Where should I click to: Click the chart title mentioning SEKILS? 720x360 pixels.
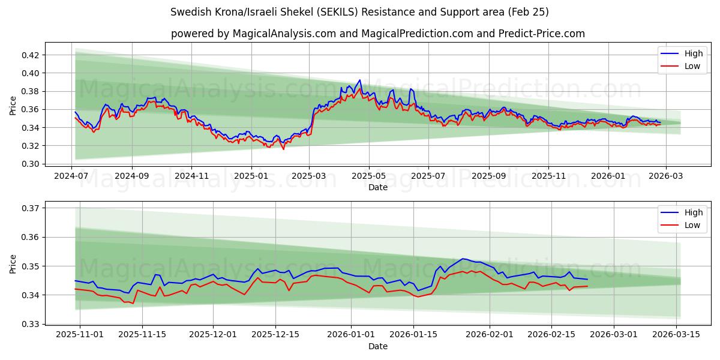pos(359,12)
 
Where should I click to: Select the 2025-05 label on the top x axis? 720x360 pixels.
pos(368,176)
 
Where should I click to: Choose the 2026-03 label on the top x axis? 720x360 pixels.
pos(666,176)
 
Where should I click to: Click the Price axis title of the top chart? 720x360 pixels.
pos(13,106)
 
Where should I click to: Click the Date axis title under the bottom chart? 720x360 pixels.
pos(377,346)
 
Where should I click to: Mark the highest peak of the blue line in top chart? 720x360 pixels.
pos(360,80)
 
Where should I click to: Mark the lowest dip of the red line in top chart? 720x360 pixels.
pos(283,149)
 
